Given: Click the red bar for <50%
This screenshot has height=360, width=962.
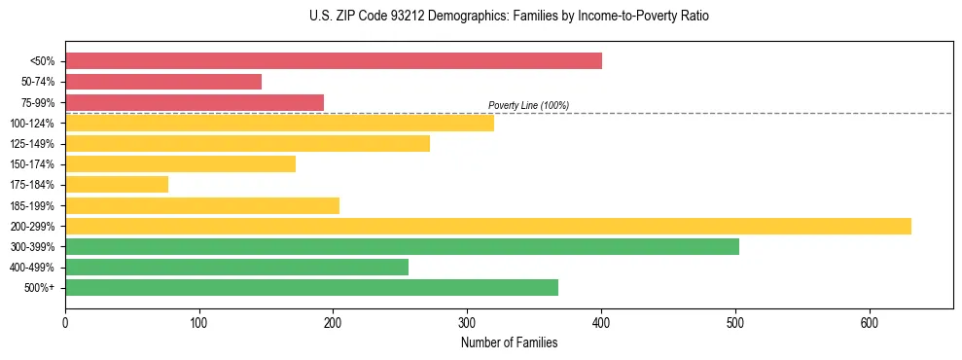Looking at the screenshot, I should [x=333, y=61].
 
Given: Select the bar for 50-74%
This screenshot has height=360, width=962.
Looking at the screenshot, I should [x=163, y=82].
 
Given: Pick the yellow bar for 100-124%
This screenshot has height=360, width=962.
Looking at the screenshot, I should [x=279, y=123].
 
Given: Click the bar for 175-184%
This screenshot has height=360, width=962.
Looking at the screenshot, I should [x=117, y=184].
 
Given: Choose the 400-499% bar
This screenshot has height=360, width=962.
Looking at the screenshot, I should [x=236, y=267].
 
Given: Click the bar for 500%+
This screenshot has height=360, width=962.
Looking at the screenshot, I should [x=311, y=287].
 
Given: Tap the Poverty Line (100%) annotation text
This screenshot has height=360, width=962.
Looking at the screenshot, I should [x=528, y=105].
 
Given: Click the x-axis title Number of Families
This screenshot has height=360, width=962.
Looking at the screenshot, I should [x=509, y=342].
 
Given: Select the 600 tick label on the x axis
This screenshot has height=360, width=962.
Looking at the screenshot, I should [x=870, y=322].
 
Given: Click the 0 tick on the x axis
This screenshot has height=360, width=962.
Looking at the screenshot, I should [x=65, y=322].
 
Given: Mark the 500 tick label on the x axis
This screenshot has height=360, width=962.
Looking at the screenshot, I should [x=735, y=322].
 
